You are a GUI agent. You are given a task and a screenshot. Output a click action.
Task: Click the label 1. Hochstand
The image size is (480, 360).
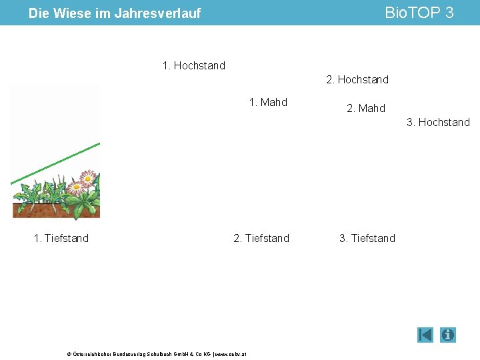[x=194, y=65]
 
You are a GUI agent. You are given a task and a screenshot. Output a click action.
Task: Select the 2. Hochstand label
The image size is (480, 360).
[x=357, y=79]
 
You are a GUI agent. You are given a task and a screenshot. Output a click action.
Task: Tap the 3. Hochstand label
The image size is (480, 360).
[x=438, y=122]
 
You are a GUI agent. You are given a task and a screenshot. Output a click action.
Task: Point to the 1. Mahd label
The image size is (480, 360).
[x=268, y=102]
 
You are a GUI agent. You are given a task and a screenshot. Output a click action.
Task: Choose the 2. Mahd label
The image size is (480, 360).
[x=366, y=108]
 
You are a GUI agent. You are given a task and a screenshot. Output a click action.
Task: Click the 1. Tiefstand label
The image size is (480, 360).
[x=61, y=238]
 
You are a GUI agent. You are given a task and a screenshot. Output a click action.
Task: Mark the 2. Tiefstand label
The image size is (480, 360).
[x=261, y=238]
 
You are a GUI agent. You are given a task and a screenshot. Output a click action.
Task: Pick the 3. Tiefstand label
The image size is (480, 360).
[x=367, y=238]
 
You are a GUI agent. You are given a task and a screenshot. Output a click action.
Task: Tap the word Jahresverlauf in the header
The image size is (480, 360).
[x=157, y=13]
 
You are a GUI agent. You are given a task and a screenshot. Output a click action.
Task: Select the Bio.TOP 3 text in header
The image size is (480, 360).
[x=419, y=13]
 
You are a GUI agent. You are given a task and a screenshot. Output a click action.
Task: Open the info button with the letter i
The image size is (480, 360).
[x=448, y=335]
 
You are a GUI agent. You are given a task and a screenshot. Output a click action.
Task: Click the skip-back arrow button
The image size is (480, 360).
[x=425, y=335]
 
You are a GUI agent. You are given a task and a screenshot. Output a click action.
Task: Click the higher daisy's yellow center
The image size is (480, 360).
[x=88, y=178]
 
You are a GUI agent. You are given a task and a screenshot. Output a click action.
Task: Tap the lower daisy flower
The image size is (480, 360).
[x=77, y=188]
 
